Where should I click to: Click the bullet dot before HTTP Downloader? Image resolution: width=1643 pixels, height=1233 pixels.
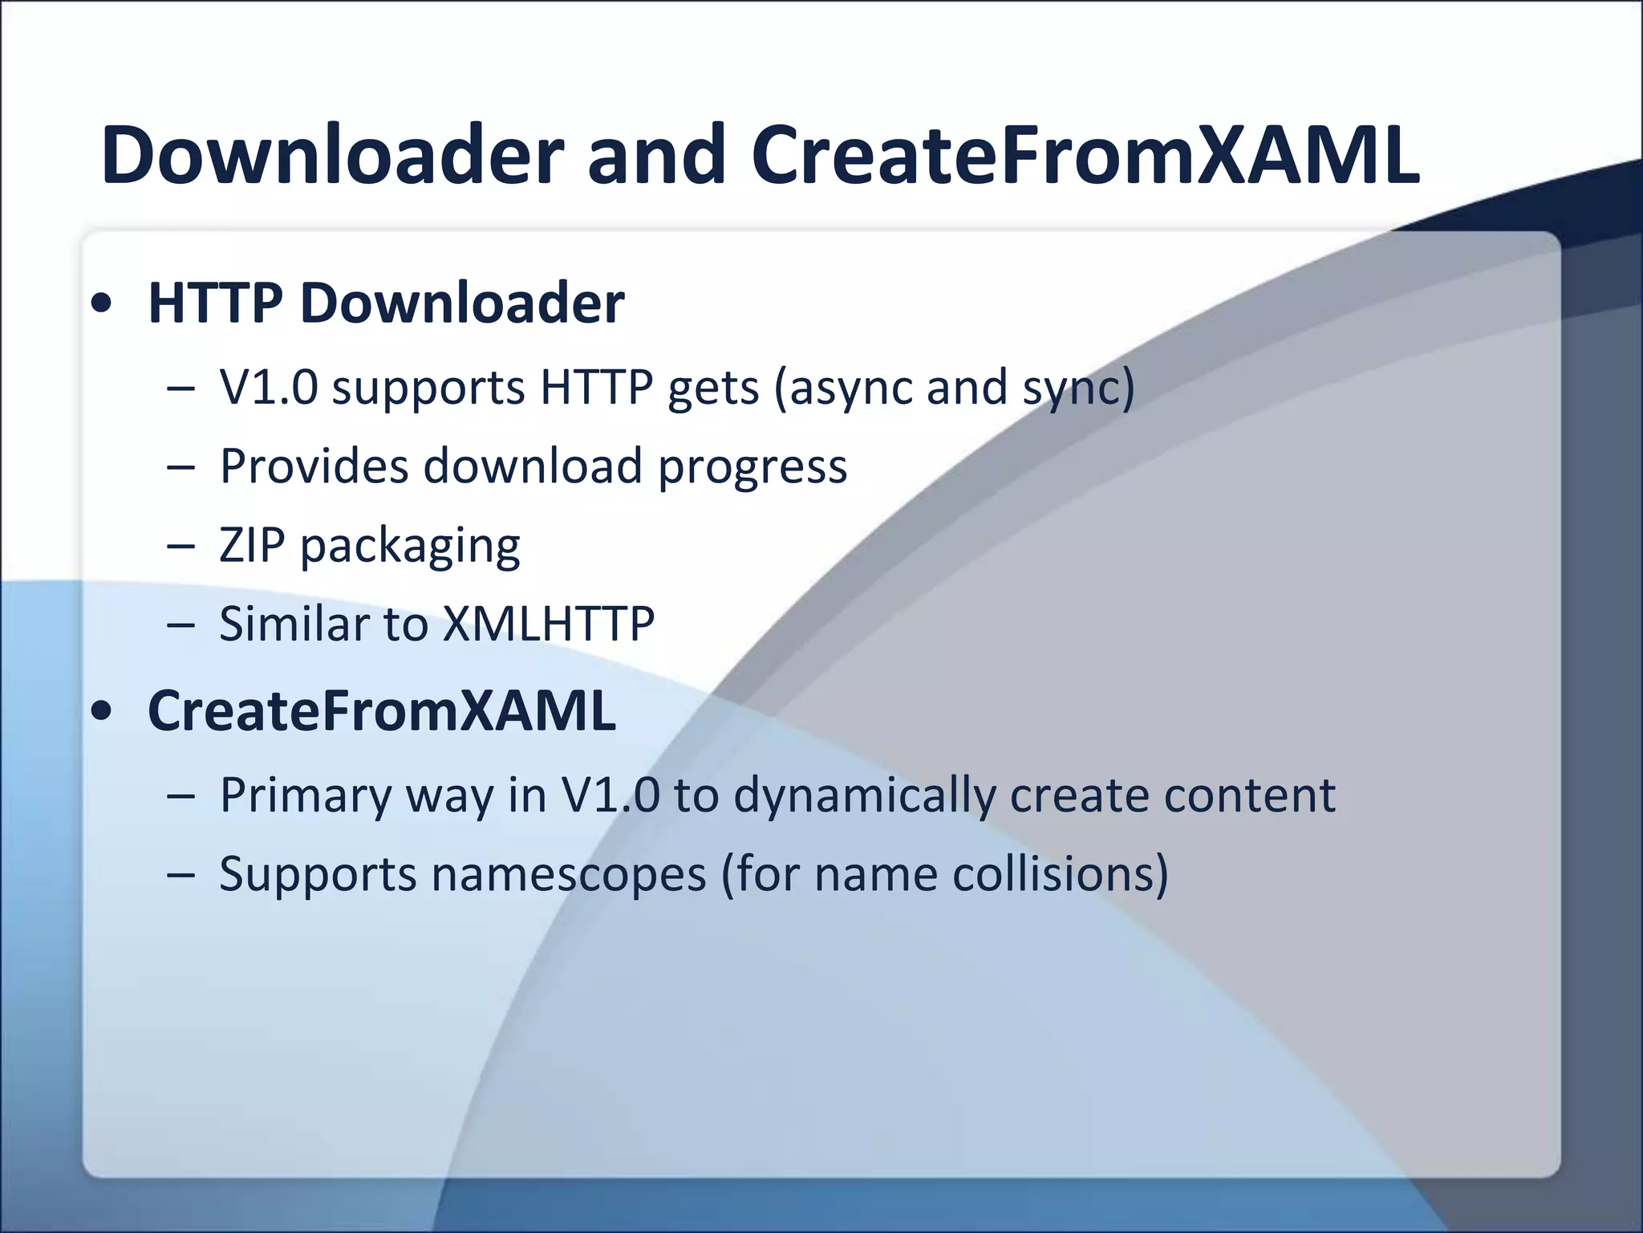pyautogui.click(x=101, y=305)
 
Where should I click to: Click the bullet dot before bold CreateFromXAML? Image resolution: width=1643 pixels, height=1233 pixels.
pyautogui.click(x=101, y=712)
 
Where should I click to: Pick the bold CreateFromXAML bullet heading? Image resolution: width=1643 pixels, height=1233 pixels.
pyautogui.click(x=382, y=711)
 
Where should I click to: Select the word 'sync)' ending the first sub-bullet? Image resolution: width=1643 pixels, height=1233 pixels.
pyautogui.click(x=1078, y=389)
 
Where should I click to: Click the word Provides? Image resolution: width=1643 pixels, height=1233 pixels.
pyautogui.click(x=314, y=466)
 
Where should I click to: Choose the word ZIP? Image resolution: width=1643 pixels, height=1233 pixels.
pyautogui.click(x=252, y=545)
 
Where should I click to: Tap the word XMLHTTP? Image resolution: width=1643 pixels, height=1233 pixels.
pyautogui.click(x=549, y=624)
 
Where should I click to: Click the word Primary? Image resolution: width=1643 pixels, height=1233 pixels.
pyautogui.click(x=305, y=796)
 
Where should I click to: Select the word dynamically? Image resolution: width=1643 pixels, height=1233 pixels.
pyautogui.click(x=864, y=796)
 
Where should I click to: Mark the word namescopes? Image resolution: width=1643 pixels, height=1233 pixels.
pyautogui.click(x=568, y=874)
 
